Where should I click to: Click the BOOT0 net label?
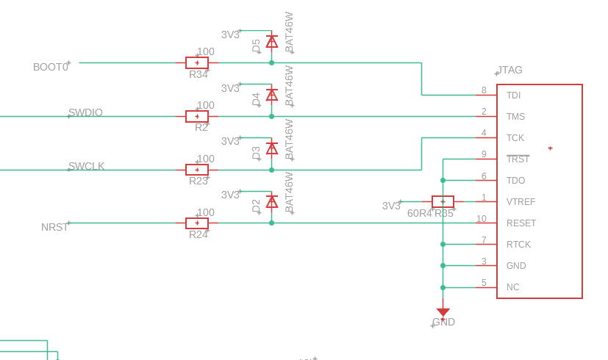pos(51,67)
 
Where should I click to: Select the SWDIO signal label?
pos(85,112)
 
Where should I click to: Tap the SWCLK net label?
pos(86,166)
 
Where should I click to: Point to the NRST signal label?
pos(54,227)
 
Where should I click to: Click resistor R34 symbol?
pos(197,63)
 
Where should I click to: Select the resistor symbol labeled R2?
pos(197,117)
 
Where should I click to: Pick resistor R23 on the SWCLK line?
pos(197,170)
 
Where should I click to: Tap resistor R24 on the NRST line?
pos(197,223)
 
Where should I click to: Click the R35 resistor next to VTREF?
pos(443,201)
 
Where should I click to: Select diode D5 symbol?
pos(272,43)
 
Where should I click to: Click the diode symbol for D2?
pos(272,202)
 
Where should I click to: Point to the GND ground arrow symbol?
pos(443,312)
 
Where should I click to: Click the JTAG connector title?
pos(510,71)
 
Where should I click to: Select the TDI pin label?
pos(513,96)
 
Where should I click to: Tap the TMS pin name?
pos(515,117)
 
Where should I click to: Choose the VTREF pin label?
pos(521,202)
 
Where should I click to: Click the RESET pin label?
pos(521,223)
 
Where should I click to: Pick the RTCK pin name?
pos(518,245)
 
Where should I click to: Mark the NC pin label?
pos(512,287)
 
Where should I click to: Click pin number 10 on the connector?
pos(481,219)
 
